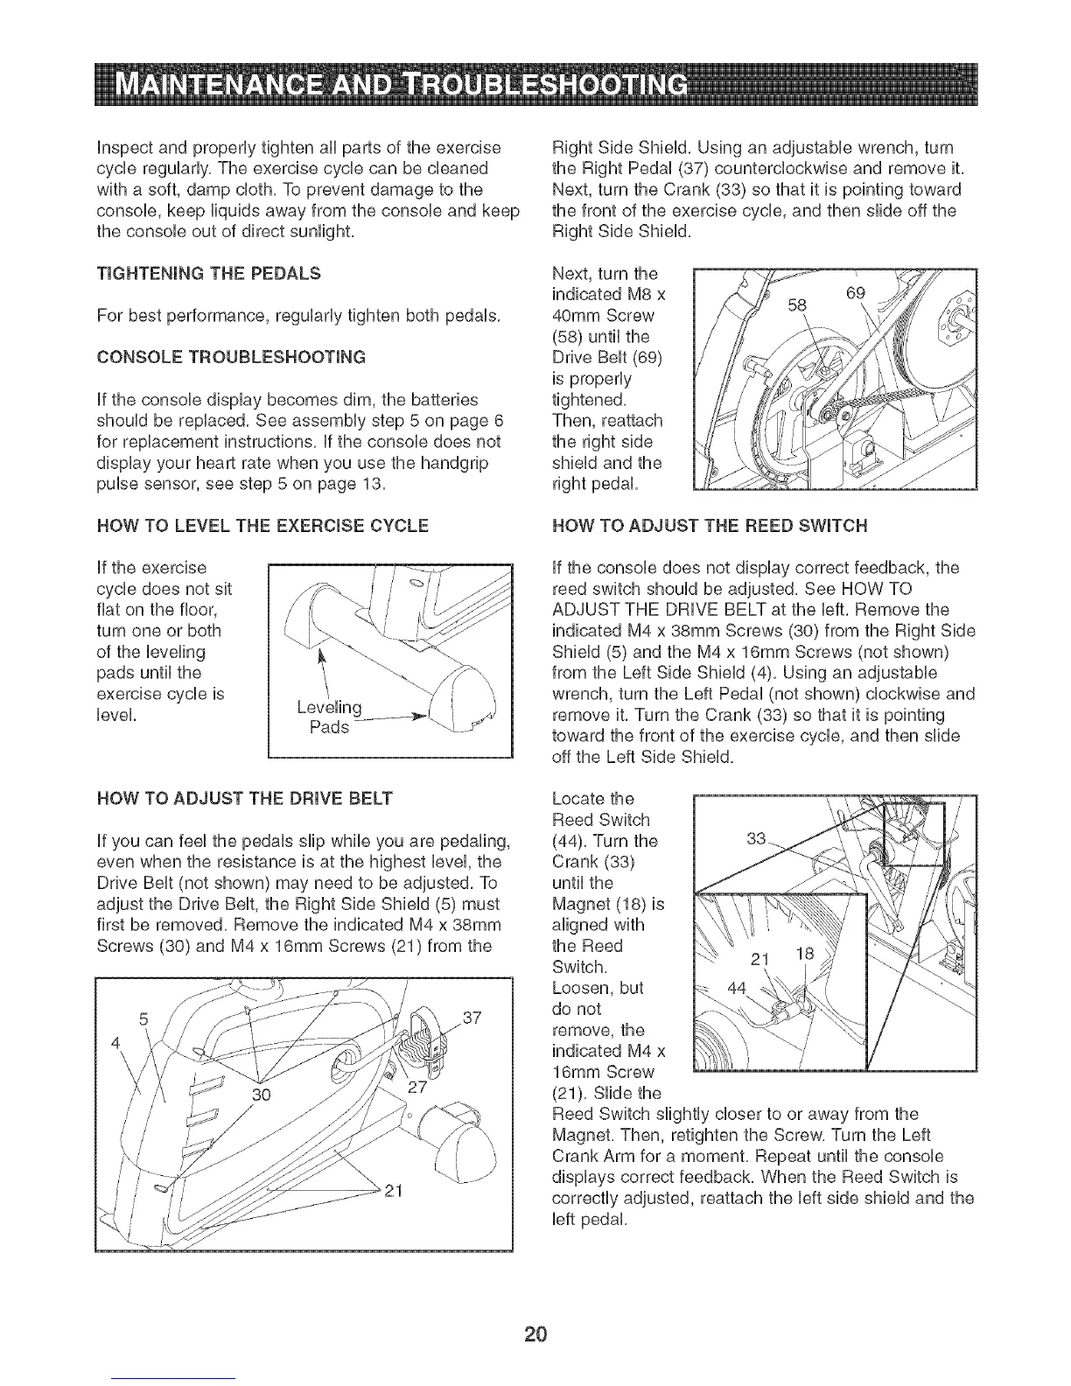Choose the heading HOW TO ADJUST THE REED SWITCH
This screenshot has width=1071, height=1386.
711,526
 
